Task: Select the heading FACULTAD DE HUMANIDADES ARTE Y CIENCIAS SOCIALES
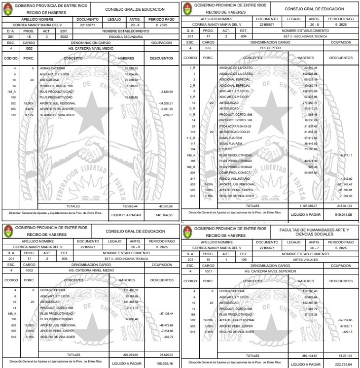(314, 232)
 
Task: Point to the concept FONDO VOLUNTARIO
(232, 178)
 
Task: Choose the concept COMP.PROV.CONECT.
(233, 172)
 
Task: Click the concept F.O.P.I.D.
(226, 149)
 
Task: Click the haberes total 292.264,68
(131, 354)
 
